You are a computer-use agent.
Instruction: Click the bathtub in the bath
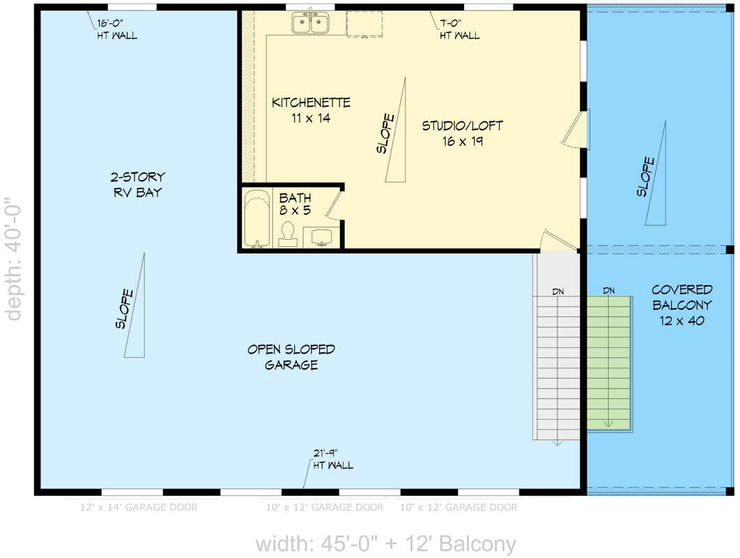pos(256,219)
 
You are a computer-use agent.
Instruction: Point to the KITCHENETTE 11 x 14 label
pos(311,110)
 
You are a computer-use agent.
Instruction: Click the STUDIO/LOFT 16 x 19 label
pos(462,133)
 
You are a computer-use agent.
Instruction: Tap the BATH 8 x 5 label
pos(295,204)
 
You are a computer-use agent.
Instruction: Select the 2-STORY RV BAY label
pos(138,185)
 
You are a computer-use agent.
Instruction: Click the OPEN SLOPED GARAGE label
pos(291,356)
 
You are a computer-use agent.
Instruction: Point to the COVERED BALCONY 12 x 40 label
pos(681,305)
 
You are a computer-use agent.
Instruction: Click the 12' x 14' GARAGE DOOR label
pos(139,507)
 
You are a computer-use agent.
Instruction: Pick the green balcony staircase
pos(608,363)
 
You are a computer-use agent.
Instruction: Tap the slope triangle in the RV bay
pos(135,307)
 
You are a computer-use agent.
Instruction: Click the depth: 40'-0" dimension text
pos(13,262)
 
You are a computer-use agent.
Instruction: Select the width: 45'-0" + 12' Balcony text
pos(385,543)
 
